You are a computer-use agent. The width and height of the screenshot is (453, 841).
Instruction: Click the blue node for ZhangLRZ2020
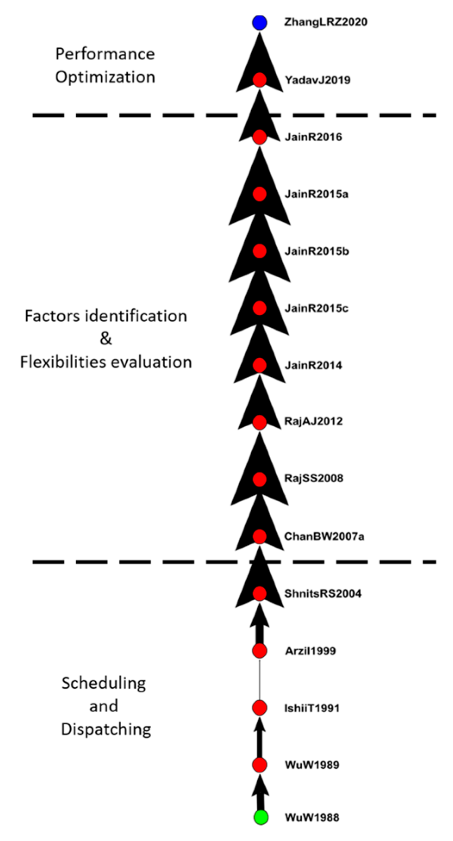click(259, 22)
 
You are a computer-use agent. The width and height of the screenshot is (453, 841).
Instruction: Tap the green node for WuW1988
click(260, 817)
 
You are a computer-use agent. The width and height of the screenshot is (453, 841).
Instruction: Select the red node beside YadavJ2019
click(259, 80)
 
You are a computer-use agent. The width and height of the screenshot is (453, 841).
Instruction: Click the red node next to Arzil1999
click(259, 651)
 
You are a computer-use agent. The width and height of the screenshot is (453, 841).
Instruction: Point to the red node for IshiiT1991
click(259, 708)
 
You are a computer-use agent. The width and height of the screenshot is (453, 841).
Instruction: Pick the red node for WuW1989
click(259, 765)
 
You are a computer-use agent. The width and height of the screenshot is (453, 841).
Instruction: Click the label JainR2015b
click(317, 251)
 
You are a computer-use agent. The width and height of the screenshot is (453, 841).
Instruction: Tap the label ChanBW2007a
click(324, 537)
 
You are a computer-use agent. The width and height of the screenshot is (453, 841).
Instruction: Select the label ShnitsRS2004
click(323, 593)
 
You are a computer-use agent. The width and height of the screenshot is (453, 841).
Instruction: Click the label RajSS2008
click(314, 478)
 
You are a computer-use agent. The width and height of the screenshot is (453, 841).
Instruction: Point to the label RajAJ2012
click(313, 421)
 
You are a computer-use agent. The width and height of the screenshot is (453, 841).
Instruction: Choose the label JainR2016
click(313, 137)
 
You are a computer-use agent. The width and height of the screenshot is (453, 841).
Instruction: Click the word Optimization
click(105, 77)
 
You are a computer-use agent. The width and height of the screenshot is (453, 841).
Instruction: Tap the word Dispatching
click(106, 729)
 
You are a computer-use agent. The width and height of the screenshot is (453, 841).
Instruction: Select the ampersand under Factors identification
click(106, 339)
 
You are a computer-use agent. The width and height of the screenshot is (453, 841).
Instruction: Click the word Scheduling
click(104, 683)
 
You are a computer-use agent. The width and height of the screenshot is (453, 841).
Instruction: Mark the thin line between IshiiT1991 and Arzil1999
click(259, 679)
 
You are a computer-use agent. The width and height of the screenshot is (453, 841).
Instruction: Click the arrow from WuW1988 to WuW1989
click(259, 792)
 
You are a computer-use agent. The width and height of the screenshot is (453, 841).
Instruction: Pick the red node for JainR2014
click(259, 365)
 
